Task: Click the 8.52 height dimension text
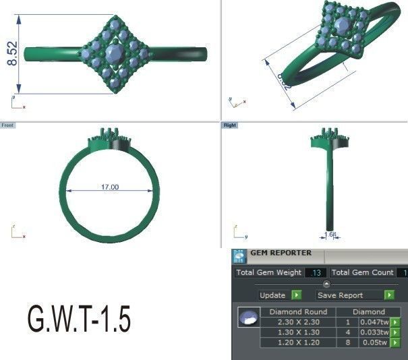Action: click(12, 54)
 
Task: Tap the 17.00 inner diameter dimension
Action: click(110, 187)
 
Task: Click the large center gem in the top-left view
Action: click(113, 53)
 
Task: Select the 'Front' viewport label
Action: click(7, 125)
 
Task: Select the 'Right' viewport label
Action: click(229, 125)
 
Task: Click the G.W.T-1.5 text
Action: click(78, 320)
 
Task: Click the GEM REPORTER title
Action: click(281, 253)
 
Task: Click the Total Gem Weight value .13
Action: click(314, 273)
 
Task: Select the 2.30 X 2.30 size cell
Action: click(297, 322)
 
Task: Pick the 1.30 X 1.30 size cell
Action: click(297, 332)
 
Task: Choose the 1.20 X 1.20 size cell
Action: click(297, 342)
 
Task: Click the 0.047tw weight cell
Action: click(374, 322)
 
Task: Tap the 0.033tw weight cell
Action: click(374, 332)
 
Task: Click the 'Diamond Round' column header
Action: click(297, 312)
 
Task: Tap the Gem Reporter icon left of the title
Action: click(239, 256)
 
